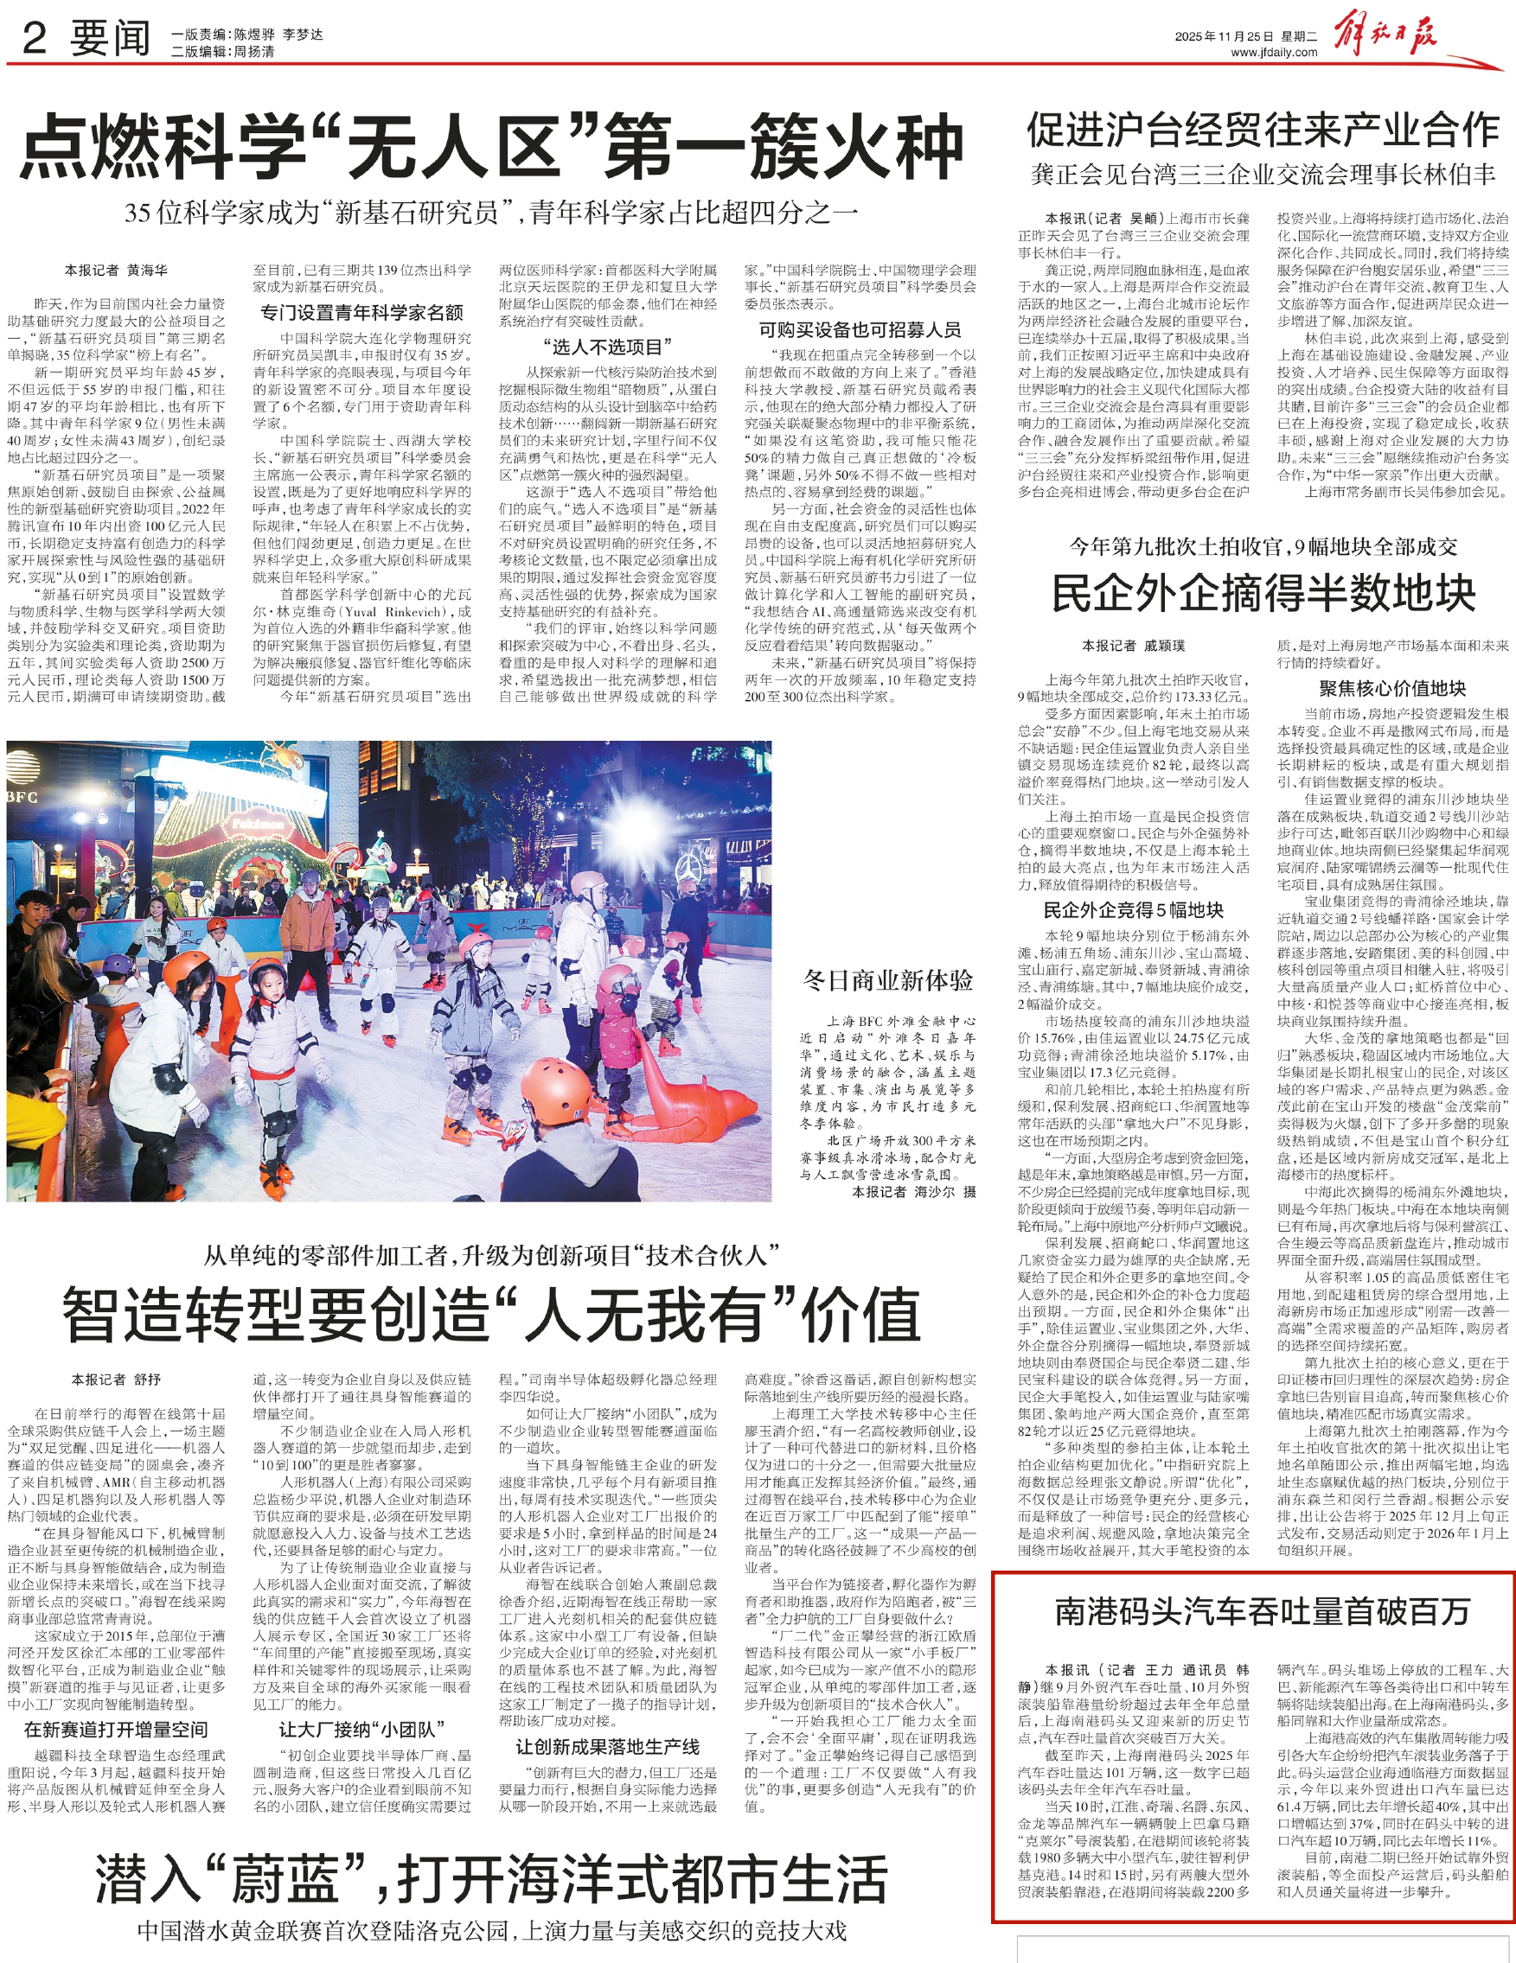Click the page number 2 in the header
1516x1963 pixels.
[x=35, y=38]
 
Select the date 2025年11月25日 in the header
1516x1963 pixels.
[x=1224, y=37]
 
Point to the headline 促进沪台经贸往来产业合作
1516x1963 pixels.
[x=1263, y=131]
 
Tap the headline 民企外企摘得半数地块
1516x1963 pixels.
[x=1263, y=593]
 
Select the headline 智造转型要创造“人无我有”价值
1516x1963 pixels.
[x=491, y=1314]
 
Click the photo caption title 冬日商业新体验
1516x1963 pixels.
[x=887, y=980]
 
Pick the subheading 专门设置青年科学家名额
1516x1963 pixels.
[x=361, y=313]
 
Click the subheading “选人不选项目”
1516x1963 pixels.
[x=608, y=347]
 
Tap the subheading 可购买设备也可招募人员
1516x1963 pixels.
[x=860, y=330]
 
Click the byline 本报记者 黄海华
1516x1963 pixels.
[x=115, y=270]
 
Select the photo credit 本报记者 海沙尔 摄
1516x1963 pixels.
[x=912, y=1192]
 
